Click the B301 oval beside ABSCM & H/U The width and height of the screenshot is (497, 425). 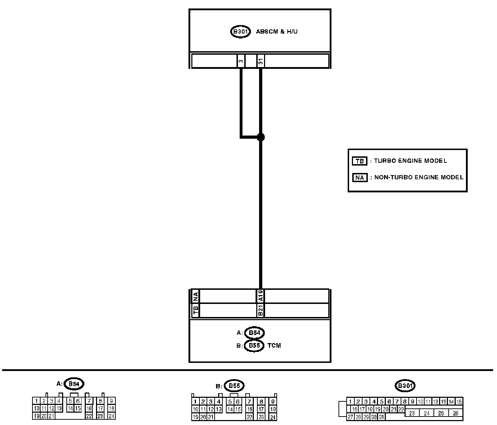[x=240, y=32]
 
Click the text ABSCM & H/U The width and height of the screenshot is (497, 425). [x=277, y=32]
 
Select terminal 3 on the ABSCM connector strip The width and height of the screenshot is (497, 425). [x=241, y=61]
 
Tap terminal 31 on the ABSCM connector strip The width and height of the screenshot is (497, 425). [x=261, y=61]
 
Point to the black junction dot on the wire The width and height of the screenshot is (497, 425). [x=261, y=137]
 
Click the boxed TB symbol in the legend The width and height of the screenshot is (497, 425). [x=359, y=161]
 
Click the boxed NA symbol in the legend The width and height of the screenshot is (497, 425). [x=359, y=178]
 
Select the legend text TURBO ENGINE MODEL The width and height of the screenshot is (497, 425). [x=410, y=161]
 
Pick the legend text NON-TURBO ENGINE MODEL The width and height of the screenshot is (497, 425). [x=419, y=178]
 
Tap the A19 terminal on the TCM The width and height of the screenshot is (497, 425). [x=261, y=296]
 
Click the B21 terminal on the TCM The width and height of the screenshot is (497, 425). [x=261, y=311]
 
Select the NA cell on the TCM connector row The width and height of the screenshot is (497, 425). [x=196, y=296]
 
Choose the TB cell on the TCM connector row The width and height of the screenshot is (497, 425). [x=196, y=311]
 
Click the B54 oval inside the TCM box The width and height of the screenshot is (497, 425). [x=254, y=333]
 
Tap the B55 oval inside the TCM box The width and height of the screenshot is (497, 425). [x=254, y=346]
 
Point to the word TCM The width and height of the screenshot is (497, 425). [x=274, y=346]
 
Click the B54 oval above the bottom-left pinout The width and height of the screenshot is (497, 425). [x=74, y=384]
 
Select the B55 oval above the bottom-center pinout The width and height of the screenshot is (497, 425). [x=234, y=386]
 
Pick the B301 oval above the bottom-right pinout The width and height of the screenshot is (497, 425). [x=405, y=386]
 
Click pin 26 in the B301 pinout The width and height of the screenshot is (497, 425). [x=455, y=413]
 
